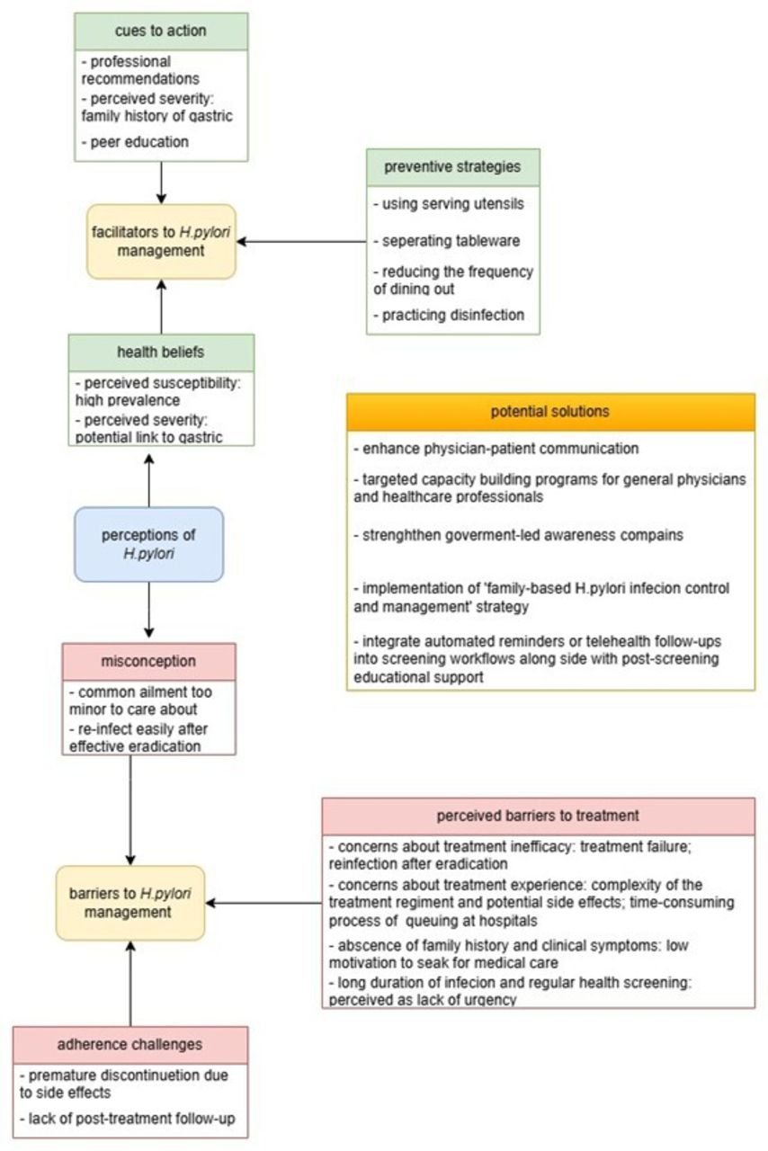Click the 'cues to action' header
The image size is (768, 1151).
pyautogui.click(x=161, y=31)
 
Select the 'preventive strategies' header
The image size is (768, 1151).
pyautogui.click(x=453, y=167)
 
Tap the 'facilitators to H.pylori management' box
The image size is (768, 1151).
pyautogui.click(x=161, y=242)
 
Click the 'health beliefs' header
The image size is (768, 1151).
pyautogui.click(x=161, y=352)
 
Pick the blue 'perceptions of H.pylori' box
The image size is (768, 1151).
pyautogui.click(x=149, y=544)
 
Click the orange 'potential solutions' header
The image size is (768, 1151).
pyautogui.click(x=550, y=412)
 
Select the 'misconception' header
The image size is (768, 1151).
pyautogui.click(x=149, y=661)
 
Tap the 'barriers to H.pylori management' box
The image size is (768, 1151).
pyautogui.click(x=130, y=903)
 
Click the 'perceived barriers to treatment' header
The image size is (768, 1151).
pyautogui.click(x=538, y=816)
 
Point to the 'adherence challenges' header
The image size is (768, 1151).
pyautogui.click(x=130, y=1045)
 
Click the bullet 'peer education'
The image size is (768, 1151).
pyautogui.click(x=135, y=142)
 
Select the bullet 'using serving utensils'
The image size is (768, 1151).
pyautogui.click(x=449, y=204)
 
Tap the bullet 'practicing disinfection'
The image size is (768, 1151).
pyautogui.click(x=449, y=315)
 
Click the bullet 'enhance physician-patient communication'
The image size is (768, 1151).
pyautogui.click(x=496, y=449)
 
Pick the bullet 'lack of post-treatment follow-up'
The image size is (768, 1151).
pyautogui.click(x=128, y=1119)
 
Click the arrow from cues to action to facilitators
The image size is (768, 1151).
pyautogui.click(x=161, y=183)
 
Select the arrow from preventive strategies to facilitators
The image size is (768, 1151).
pyautogui.click(x=301, y=242)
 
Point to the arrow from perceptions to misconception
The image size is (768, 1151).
pyautogui.click(x=149, y=610)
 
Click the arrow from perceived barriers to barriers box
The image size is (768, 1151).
pyautogui.click(x=263, y=903)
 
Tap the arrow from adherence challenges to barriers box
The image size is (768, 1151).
pyautogui.click(x=130, y=984)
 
